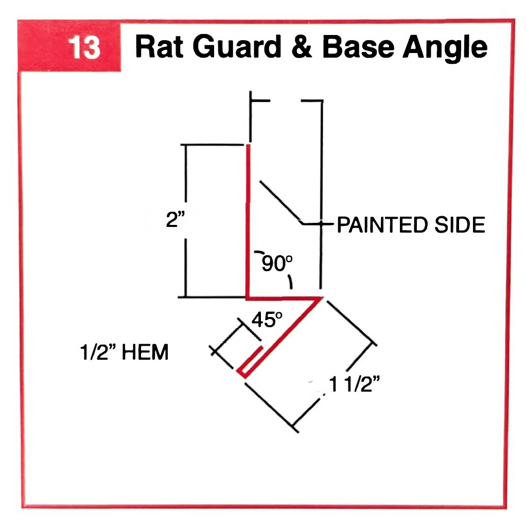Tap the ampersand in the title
pos(303,47)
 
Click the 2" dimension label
pos(176,220)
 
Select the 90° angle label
pos(277,263)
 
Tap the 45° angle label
pos(267,320)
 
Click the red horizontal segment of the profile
pos(283,297)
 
